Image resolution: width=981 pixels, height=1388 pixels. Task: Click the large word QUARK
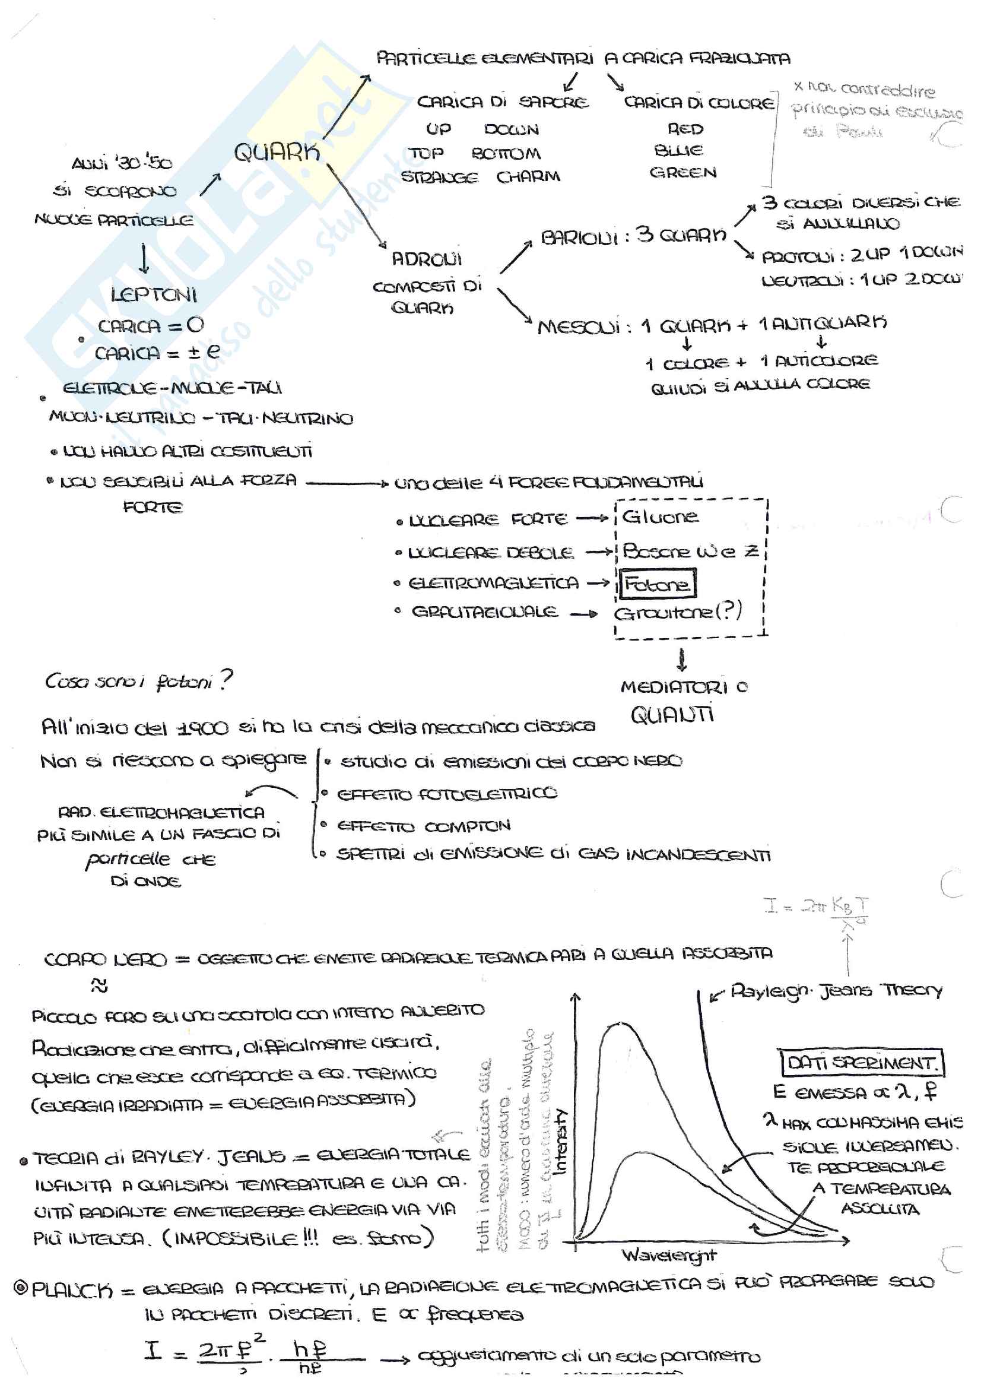277,153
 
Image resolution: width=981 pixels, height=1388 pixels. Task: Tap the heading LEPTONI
154,295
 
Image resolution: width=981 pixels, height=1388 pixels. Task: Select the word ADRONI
426,259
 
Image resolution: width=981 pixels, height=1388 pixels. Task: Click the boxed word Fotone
656,585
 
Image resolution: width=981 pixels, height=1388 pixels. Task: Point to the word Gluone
660,518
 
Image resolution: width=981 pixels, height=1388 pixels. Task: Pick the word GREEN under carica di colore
683,173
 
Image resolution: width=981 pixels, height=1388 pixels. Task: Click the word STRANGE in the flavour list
439,178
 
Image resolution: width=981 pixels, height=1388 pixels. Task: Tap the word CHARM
528,176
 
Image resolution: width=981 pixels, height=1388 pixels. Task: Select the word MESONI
579,327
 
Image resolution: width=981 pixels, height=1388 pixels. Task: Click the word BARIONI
579,237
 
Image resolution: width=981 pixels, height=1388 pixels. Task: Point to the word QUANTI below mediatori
672,715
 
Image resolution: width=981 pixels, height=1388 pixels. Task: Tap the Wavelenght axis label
668,1256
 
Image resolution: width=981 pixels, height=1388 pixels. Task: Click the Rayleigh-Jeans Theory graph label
836,991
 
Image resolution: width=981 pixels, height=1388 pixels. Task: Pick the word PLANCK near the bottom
72,1290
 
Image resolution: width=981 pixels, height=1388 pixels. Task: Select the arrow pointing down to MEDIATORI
682,660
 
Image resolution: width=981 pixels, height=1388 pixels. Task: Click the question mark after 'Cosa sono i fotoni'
226,680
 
